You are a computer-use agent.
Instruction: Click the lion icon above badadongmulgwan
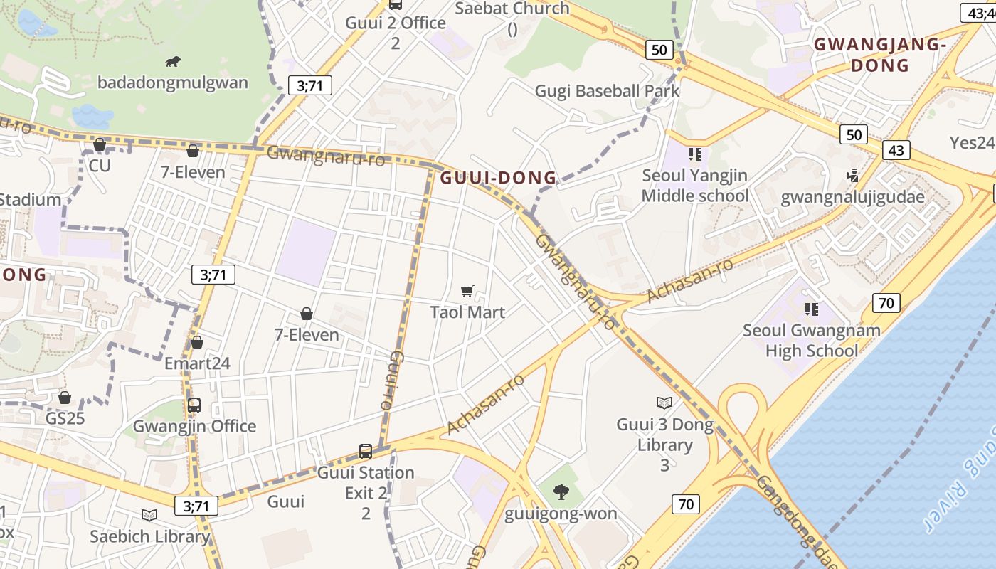[173, 62]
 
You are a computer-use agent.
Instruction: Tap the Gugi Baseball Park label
[607, 91]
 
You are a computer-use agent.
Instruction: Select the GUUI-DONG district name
[498, 178]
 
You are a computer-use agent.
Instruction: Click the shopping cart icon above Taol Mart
[467, 291]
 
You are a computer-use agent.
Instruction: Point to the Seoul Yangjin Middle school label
[694, 186]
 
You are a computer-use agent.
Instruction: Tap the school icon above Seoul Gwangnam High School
[811, 309]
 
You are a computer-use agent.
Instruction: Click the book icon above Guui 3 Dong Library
[664, 403]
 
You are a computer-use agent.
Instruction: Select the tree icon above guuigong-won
[561, 491]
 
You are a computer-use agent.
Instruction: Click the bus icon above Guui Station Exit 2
[366, 451]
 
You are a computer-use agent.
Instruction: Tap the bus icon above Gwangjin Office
[194, 405]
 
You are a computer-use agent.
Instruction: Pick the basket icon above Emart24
[197, 342]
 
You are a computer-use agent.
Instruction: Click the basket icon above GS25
[65, 397]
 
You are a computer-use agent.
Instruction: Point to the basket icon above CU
[100, 144]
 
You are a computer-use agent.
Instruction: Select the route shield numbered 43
[896, 150]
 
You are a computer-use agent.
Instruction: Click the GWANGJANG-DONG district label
[880, 55]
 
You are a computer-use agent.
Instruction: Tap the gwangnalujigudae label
[852, 197]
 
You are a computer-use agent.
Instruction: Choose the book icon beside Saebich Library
[149, 515]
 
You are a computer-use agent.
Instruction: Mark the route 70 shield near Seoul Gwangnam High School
[886, 303]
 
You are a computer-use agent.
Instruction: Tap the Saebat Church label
[512, 9]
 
